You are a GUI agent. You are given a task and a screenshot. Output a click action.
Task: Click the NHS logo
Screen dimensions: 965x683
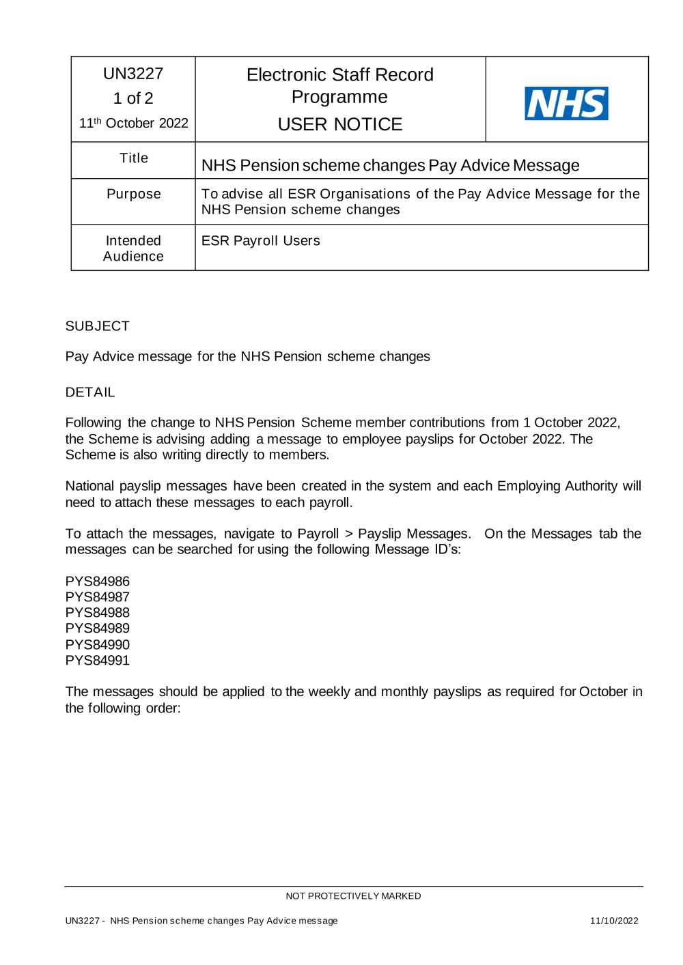pos(566,104)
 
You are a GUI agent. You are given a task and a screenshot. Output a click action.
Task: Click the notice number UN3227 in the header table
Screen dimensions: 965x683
pos(133,74)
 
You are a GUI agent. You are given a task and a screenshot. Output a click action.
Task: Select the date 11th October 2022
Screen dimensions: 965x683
pos(134,124)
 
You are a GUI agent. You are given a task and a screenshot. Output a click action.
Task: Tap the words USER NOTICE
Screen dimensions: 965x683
pos(339,124)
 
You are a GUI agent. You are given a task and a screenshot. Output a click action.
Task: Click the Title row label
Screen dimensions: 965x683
pos(134,158)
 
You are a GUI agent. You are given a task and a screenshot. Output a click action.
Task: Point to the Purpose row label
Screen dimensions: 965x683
pos(134,195)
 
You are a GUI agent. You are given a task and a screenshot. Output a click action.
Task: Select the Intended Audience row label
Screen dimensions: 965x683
pos(133,248)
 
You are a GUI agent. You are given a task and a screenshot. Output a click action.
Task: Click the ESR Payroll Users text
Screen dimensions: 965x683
pos(260,241)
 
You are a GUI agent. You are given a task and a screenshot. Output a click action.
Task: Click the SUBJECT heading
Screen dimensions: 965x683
pos(97,326)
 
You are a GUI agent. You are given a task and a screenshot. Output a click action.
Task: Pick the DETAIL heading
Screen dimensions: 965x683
pos(90,392)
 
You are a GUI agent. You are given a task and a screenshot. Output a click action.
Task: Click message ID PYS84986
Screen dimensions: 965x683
pos(97,581)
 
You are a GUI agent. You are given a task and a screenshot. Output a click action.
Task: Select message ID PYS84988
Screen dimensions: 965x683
pos(97,613)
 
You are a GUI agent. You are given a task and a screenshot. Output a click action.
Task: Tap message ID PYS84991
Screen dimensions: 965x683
pos(97,661)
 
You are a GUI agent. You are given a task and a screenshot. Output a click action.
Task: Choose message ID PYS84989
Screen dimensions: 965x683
pos(97,629)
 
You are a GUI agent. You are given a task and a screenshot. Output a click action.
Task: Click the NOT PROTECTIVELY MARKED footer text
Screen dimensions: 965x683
pos(353,896)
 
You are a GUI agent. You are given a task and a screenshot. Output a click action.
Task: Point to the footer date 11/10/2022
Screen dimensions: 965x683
pos(613,921)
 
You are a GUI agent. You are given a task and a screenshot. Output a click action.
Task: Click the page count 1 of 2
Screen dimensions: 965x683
pos(133,99)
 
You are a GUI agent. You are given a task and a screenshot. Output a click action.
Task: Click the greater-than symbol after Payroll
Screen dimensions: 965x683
pos(348,534)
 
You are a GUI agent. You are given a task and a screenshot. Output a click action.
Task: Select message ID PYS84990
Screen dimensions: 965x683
pos(97,645)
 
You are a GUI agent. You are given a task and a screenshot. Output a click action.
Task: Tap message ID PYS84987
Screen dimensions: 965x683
pos(97,597)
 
